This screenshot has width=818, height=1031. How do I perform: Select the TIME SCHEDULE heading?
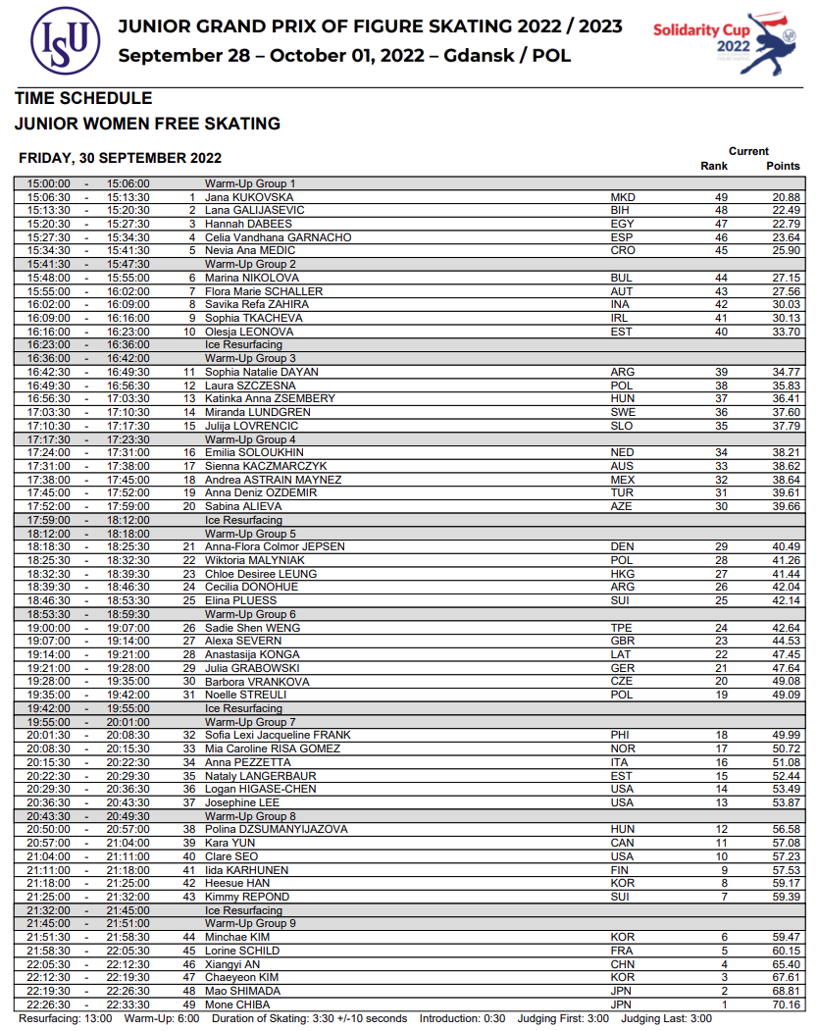83,98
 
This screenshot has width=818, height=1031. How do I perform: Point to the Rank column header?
714,166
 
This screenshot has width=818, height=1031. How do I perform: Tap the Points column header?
783,166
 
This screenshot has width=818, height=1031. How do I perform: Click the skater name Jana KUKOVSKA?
241,197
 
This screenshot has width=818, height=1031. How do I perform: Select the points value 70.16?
786,1005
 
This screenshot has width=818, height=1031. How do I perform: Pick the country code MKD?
623,197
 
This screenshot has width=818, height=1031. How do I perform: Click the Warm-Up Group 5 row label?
249,534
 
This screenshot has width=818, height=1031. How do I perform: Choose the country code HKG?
623,574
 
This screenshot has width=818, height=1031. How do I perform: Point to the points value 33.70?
786,332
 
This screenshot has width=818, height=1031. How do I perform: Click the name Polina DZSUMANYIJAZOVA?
276,829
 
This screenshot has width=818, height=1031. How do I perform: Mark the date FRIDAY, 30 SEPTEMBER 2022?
120,158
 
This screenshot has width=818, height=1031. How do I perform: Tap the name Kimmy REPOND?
246,897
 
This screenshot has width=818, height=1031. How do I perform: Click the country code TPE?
622,628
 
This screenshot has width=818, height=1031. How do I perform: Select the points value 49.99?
786,735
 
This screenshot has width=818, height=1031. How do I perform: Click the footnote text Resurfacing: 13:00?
66,1018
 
